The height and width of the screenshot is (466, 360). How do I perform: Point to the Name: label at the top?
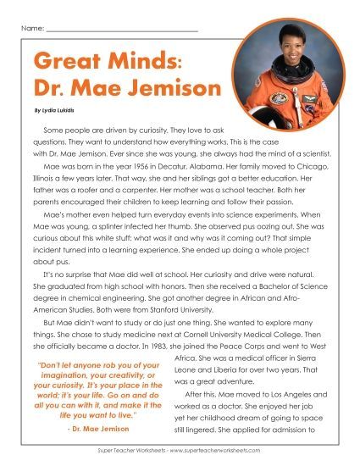(x=31, y=30)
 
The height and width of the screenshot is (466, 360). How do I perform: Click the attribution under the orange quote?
(x=97, y=430)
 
